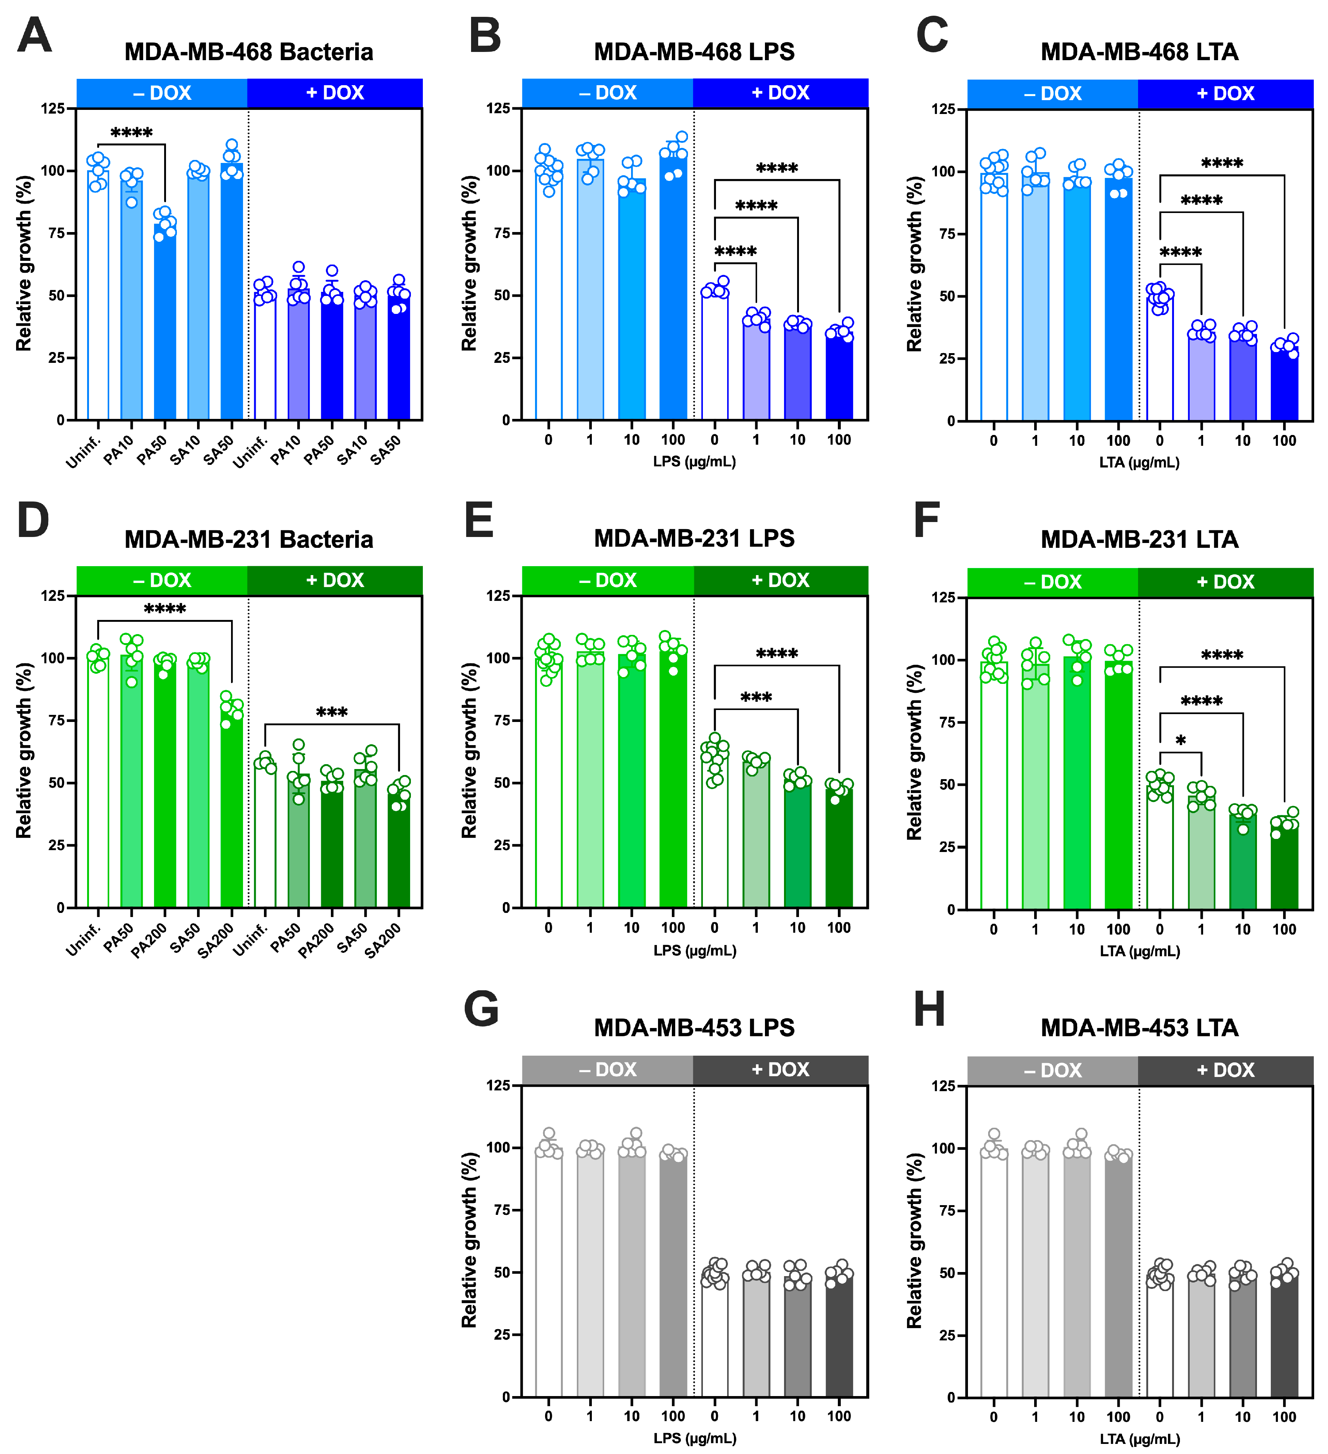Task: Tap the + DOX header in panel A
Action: [x=335, y=93]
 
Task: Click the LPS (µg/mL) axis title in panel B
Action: [x=694, y=461]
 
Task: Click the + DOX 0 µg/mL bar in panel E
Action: [x=714, y=837]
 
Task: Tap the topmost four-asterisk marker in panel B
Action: [x=777, y=168]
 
